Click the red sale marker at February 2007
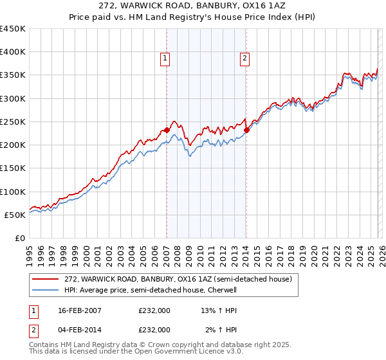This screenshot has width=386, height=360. tap(167, 130)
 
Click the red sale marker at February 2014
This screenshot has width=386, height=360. tap(246, 129)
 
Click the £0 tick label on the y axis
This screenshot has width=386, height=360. tap(20, 238)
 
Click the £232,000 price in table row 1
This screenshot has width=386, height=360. tap(154, 310)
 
